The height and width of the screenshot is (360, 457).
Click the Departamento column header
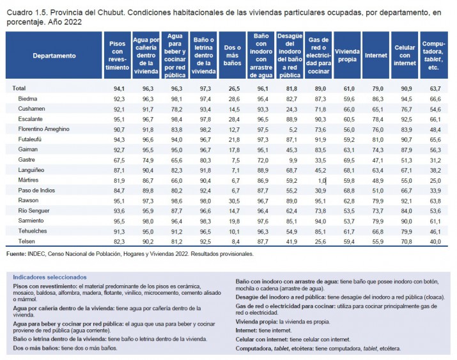(54, 56)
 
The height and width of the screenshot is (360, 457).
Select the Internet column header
(376, 56)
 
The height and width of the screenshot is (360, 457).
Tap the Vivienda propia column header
(347, 56)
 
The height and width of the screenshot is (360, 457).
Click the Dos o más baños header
(232, 56)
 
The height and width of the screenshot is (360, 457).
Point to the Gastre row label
(26, 160)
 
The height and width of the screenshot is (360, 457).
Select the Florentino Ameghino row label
(43, 129)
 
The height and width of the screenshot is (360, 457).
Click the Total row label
(19, 88)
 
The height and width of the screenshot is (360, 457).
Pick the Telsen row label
(26, 241)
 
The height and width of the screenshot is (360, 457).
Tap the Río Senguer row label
(34, 211)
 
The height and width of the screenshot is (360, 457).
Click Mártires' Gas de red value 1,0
(321, 181)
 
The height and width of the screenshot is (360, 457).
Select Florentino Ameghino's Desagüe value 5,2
(293, 130)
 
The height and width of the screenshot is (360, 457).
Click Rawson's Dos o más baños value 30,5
(235, 201)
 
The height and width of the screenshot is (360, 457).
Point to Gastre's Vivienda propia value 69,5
(349, 160)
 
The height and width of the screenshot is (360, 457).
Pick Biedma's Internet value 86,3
(378, 99)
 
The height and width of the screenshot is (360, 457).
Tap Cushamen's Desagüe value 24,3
(291, 109)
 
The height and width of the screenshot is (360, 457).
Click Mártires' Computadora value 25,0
(435, 181)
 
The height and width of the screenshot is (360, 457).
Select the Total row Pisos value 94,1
(119, 89)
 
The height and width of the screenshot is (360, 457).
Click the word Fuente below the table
(16, 254)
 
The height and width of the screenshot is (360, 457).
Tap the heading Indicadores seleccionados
(50, 278)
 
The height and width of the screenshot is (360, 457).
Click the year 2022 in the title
(73, 22)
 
